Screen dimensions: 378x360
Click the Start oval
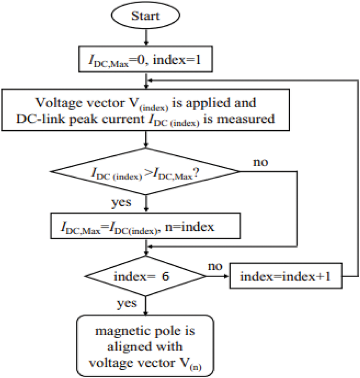pyautogui.click(x=146, y=17)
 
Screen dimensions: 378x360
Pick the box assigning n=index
pyautogui.click(x=146, y=227)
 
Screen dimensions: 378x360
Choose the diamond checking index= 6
pyautogui.click(x=146, y=275)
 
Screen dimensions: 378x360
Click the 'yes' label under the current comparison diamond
pyautogui.click(x=121, y=201)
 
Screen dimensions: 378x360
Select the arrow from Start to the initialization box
pyautogui.click(x=146, y=38)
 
